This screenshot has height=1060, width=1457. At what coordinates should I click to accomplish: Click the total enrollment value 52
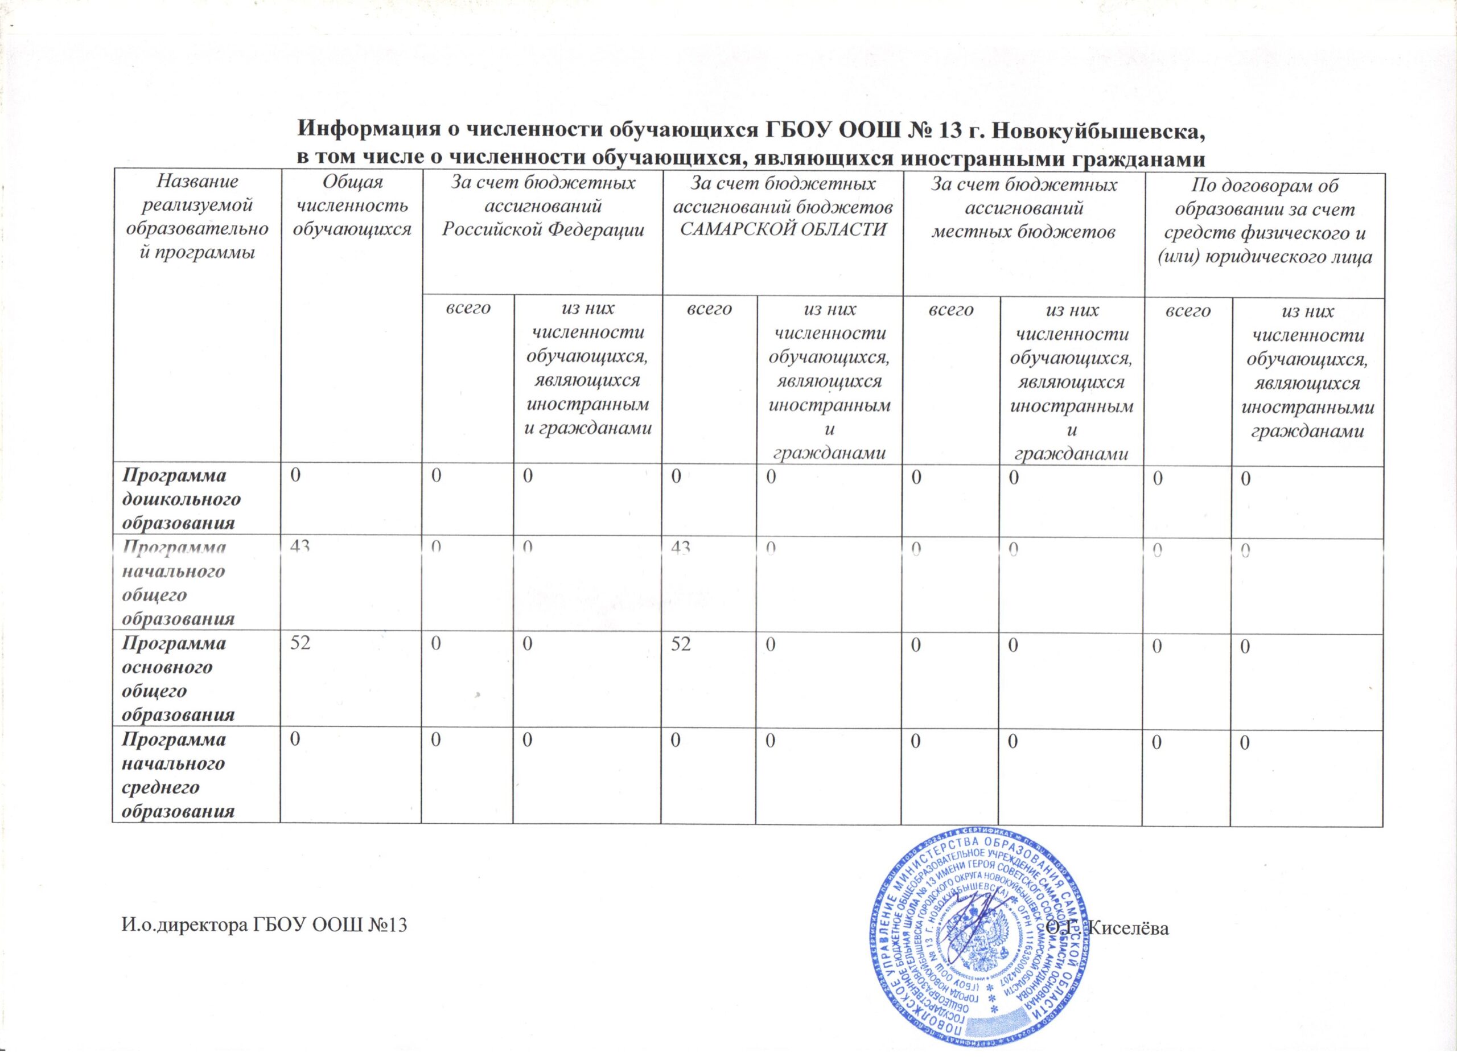[x=301, y=644]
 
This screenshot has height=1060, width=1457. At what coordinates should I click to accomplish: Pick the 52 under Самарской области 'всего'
[x=682, y=644]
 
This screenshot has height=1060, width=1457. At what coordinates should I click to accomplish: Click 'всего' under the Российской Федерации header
[x=468, y=310]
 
